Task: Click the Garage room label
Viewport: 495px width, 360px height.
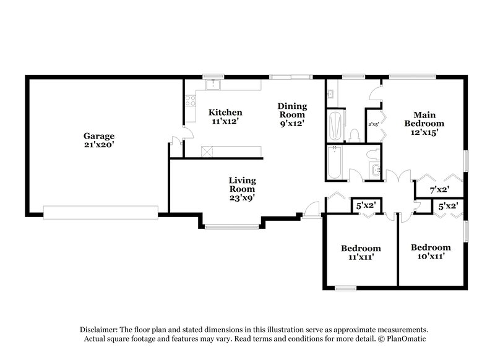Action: click(99, 135)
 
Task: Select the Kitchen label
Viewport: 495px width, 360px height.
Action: click(225, 113)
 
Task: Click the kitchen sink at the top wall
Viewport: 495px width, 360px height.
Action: click(213, 82)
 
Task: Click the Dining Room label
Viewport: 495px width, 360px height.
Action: click(291, 110)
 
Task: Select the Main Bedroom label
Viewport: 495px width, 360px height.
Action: click(424, 118)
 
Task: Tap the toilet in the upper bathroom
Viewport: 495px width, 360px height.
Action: click(355, 134)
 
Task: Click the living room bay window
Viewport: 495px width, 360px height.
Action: click(232, 227)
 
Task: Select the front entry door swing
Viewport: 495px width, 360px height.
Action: click(314, 208)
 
